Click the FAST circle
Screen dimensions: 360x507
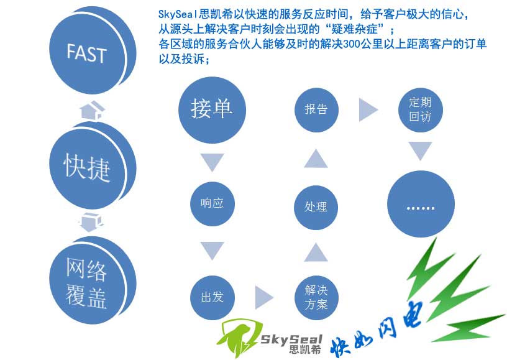86,53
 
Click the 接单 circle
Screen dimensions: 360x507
212,108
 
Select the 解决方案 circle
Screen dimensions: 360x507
316,297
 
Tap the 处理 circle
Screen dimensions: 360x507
316,206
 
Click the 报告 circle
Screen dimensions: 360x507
316,109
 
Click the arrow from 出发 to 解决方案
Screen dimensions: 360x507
264,296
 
